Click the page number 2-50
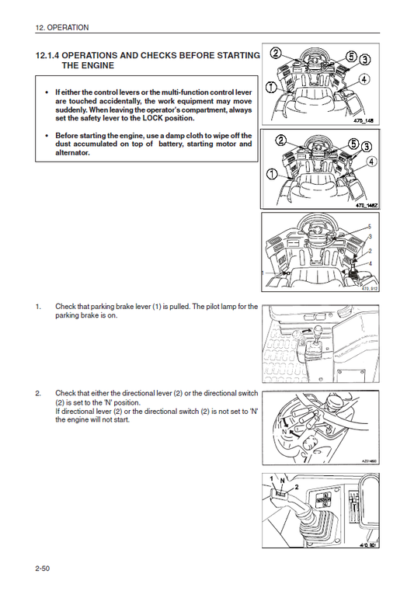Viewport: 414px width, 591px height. pos(43,569)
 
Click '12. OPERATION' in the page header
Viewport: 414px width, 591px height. pos(62,27)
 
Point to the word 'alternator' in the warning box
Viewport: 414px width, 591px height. pos(71,153)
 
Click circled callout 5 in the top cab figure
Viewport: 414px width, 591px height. pos(351,57)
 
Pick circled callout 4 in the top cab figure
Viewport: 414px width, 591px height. pos(364,79)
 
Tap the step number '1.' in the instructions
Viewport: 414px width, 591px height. pos(39,308)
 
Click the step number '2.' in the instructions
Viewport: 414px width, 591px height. pos(39,394)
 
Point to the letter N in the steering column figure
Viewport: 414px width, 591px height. pos(285,430)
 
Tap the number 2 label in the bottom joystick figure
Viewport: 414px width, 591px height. pos(295,486)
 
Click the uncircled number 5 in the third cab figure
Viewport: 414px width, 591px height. pos(369,226)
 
